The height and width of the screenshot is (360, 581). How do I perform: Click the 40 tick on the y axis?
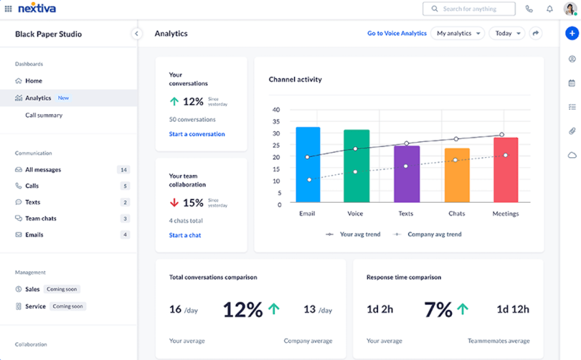pyautogui.click(x=276, y=109)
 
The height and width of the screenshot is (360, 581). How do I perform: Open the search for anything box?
pyautogui.click(x=469, y=9)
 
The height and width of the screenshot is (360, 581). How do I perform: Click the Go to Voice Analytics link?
pyautogui.click(x=396, y=33)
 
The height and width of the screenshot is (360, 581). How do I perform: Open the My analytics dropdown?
pyautogui.click(x=457, y=33)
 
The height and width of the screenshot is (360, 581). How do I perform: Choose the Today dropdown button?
pyautogui.click(x=506, y=33)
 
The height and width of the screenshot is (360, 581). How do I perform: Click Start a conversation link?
pyautogui.click(x=197, y=134)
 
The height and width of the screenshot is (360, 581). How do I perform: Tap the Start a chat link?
pyautogui.click(x=185, y=235)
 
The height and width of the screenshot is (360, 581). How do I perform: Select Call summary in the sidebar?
pyautogui.click(x=44, y=115)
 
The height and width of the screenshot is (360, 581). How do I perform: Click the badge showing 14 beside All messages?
pyautogui.click(x=124, y=169)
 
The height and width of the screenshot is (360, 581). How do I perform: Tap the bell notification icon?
pyautogui.click(x=550, y=9)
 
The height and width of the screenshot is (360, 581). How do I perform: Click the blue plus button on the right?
pyautogui.click(x=572, y=33)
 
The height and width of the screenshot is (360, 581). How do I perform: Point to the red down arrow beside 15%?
pyautogui.click(x=174, y=203)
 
